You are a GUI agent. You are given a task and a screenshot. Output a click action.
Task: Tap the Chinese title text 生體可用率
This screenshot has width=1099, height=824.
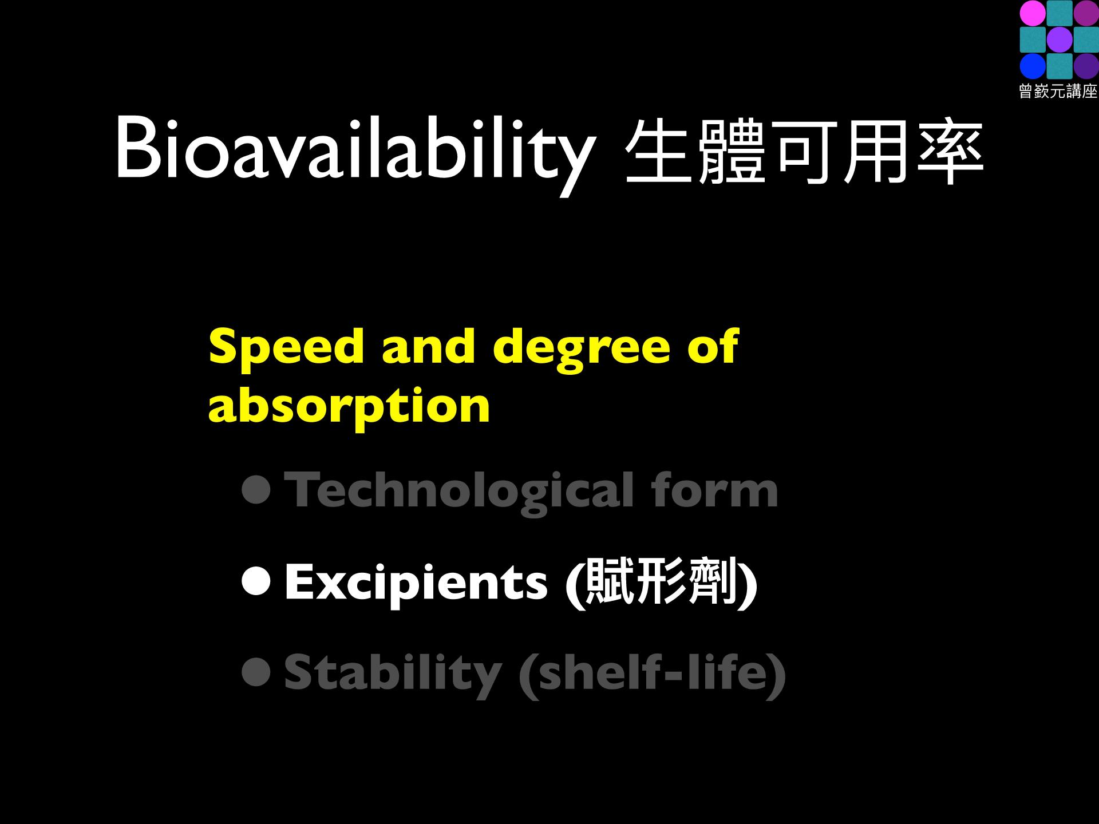[804, 152]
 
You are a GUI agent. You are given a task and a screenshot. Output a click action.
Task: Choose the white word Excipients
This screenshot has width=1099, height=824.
[416, 584]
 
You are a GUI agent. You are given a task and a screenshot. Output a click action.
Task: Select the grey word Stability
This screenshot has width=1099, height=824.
[393, 675]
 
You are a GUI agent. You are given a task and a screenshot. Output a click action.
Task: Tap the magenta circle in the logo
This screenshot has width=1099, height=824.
[1033, 14]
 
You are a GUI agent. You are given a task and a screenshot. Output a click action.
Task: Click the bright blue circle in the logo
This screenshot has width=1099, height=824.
[1033, 66]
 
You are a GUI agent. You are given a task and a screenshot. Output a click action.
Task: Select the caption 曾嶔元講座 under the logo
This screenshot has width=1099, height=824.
[1058, 92]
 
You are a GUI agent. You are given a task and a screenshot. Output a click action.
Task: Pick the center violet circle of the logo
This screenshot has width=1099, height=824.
[1059, 40]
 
